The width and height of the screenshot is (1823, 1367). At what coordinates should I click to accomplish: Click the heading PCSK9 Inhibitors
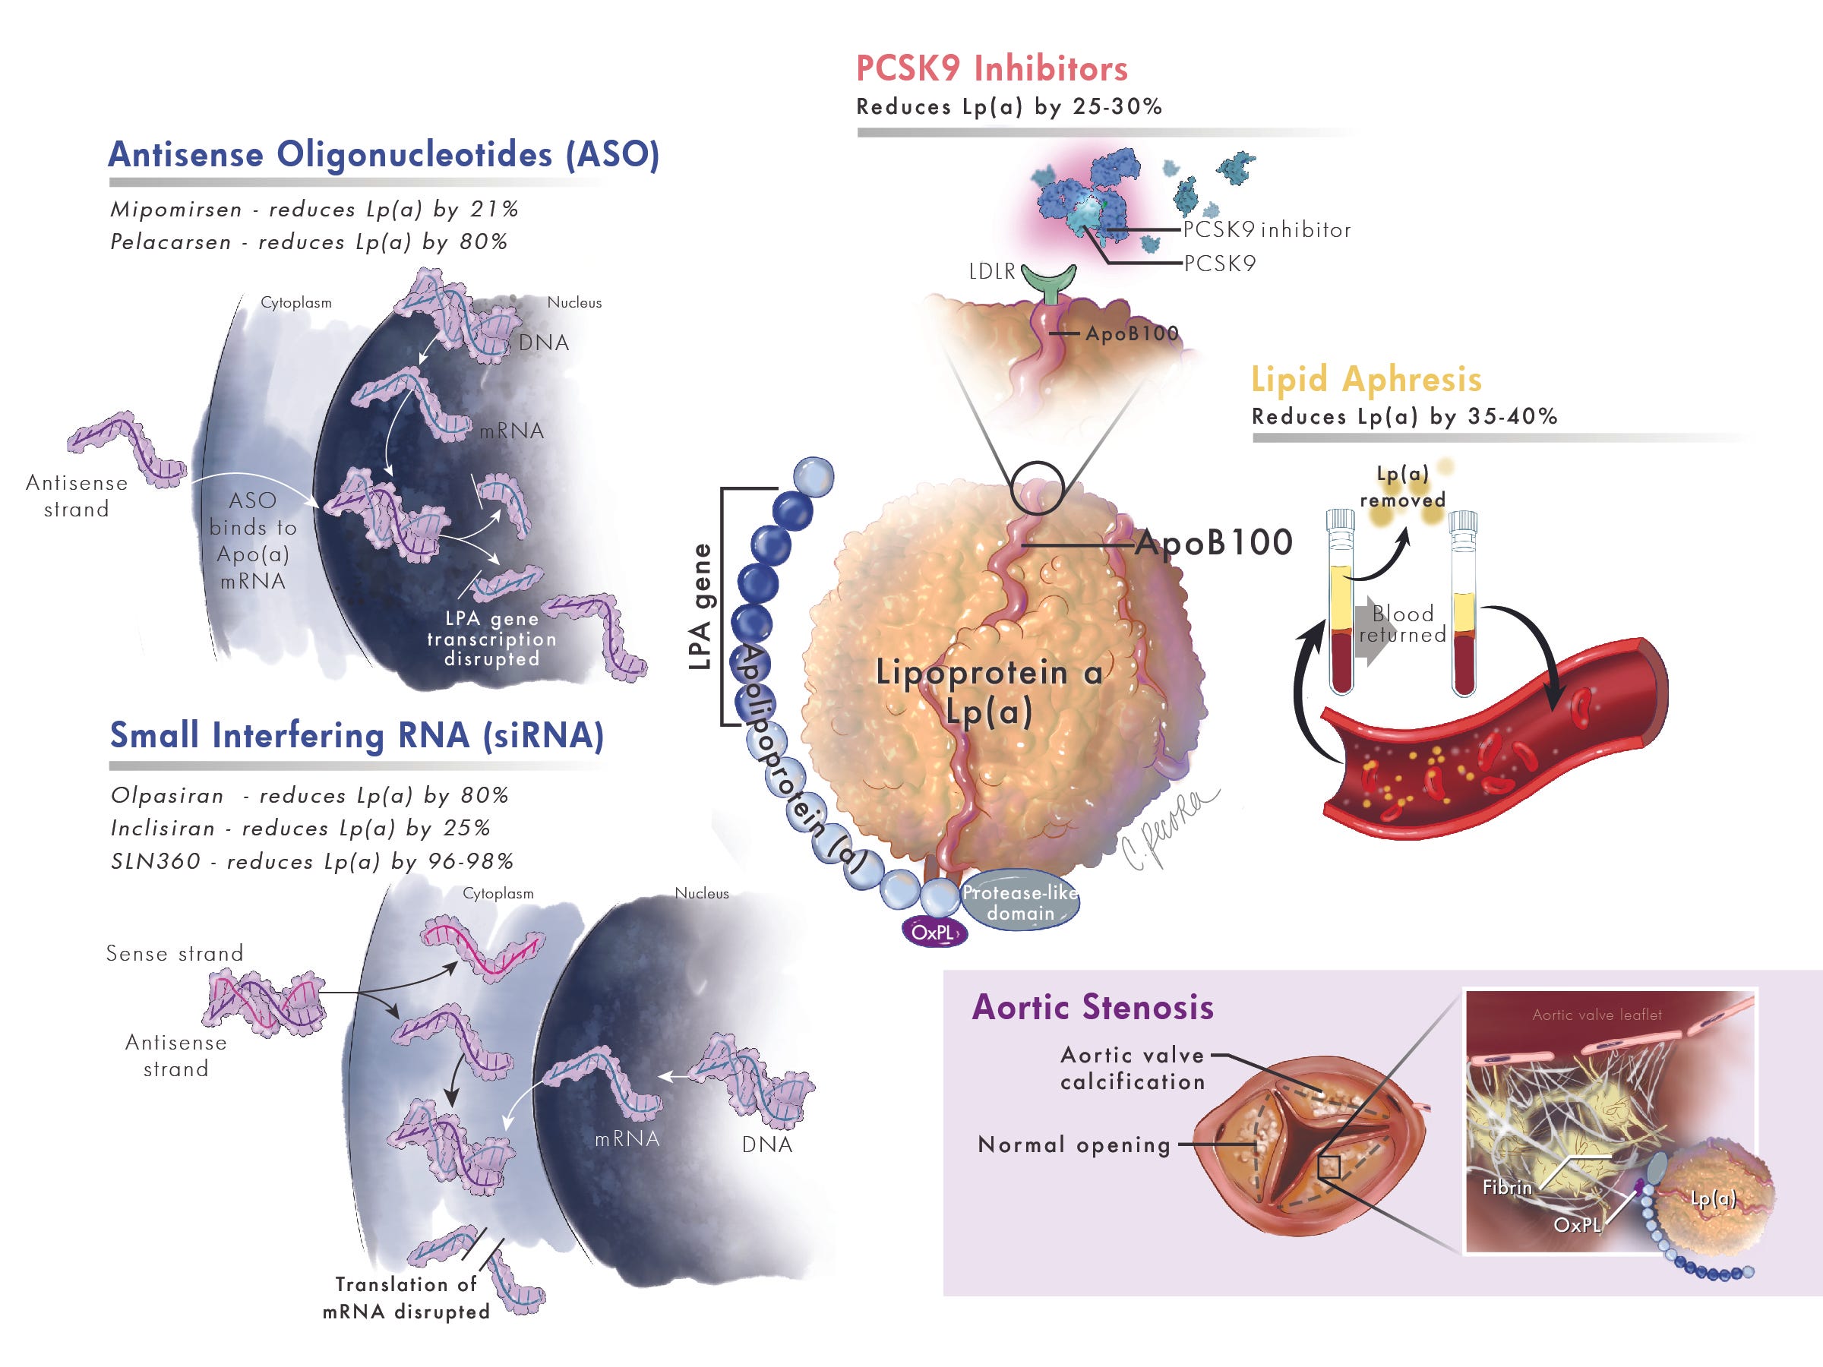point(991,68)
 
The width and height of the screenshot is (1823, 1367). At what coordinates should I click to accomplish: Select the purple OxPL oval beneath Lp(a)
point(934,932)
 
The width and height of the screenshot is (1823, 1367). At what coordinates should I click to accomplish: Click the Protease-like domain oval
point(1020,901)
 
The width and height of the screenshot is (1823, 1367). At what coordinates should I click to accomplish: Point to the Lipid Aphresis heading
point(1366,379)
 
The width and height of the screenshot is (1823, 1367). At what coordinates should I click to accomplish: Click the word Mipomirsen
point(176,210)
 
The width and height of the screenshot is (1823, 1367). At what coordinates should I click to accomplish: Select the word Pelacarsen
point(171,242)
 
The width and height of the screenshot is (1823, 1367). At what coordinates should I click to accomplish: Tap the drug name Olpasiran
point(167,796)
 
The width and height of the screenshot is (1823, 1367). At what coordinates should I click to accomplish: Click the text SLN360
point(156,862)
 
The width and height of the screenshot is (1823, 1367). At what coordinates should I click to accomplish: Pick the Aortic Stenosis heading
point(1093,1007)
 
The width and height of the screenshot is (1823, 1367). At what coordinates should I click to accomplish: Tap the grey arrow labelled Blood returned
point(1374,630)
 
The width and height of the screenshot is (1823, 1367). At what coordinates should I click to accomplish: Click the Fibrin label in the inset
point(1507,1187)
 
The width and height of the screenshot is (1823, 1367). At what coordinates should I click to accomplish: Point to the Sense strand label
point(175,953)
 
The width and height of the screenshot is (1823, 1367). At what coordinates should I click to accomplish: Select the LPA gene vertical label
point(700,607)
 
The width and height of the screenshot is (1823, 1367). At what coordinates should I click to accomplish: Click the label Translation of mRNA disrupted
point(406,1298)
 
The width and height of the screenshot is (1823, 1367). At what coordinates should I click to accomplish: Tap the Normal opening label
point(1074,1144)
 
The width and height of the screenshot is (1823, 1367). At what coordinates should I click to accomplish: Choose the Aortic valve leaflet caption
point(1597,1015)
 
